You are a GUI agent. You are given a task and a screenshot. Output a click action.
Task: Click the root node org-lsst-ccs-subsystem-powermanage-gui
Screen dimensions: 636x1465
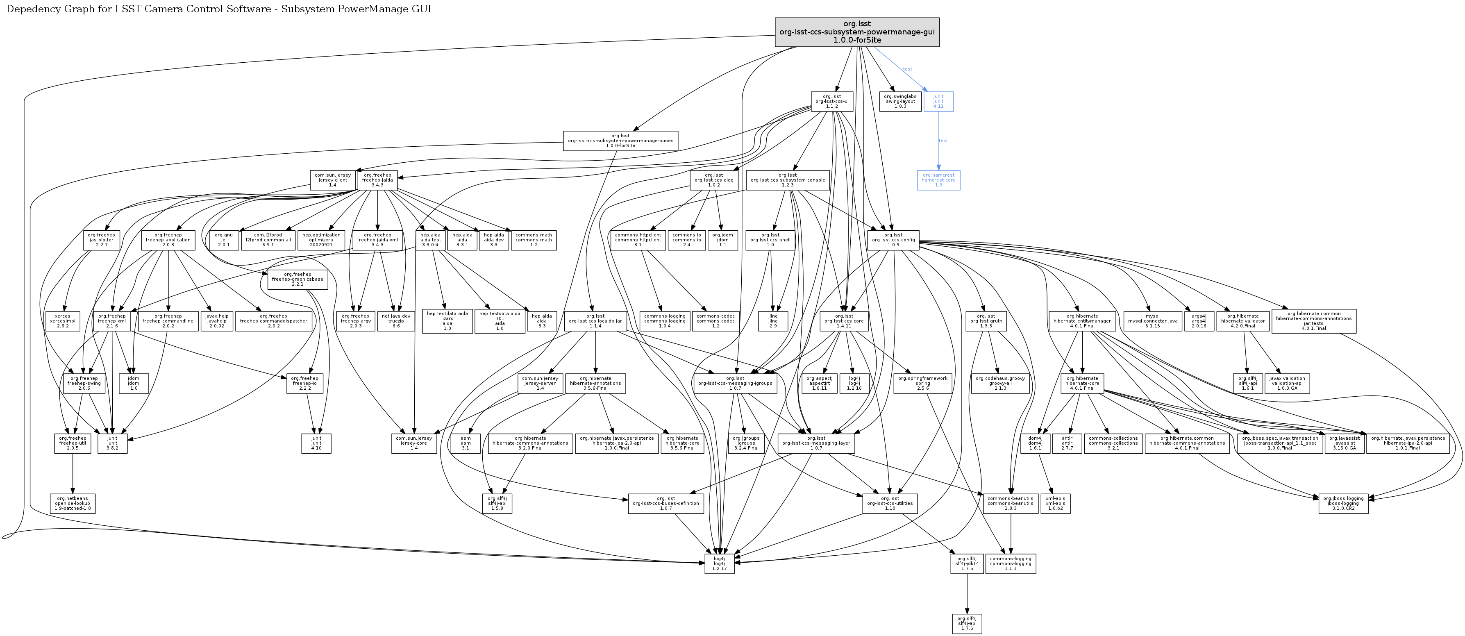(856, 32)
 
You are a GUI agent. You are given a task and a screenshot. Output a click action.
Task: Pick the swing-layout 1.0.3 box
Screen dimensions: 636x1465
(900, 101)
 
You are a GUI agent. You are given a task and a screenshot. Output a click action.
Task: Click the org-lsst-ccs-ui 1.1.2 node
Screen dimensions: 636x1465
(831, 101)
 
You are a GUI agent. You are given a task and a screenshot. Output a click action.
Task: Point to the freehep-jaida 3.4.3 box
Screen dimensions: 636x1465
(377, 180)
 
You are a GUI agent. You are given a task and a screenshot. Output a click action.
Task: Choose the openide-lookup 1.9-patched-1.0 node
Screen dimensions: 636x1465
(72, 504)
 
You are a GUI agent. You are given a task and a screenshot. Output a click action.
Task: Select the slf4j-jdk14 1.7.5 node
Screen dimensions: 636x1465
(966, 563)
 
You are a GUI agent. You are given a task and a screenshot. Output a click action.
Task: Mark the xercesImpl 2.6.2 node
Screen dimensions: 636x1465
(63, 321)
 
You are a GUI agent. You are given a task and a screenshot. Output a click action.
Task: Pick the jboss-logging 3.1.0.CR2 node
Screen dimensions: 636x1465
(1343, 504)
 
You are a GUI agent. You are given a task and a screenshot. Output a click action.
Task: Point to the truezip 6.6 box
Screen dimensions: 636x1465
(396, 321)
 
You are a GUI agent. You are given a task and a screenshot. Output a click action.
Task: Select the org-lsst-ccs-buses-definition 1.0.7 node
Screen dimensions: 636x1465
(665, 504)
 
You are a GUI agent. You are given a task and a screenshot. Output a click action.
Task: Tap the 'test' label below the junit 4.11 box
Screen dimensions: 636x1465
(943, 141)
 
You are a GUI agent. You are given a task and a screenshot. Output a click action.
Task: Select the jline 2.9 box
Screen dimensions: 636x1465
(772, 321)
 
